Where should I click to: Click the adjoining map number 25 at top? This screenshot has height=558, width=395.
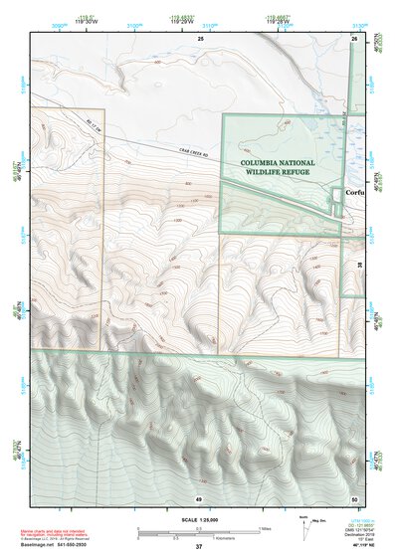click(199, 38)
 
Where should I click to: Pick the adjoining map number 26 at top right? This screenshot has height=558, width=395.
click(354, 38)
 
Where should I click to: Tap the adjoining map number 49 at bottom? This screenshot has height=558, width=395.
click(199, 497)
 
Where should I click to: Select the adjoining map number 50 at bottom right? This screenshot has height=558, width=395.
click(354, 497)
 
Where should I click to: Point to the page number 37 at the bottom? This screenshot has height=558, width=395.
click(199, 546)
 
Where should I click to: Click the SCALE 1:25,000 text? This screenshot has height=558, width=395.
click(197, 520)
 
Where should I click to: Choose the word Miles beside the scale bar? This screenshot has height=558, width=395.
click(266, 527)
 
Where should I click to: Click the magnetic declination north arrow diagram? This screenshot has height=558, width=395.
click(304, 526)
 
